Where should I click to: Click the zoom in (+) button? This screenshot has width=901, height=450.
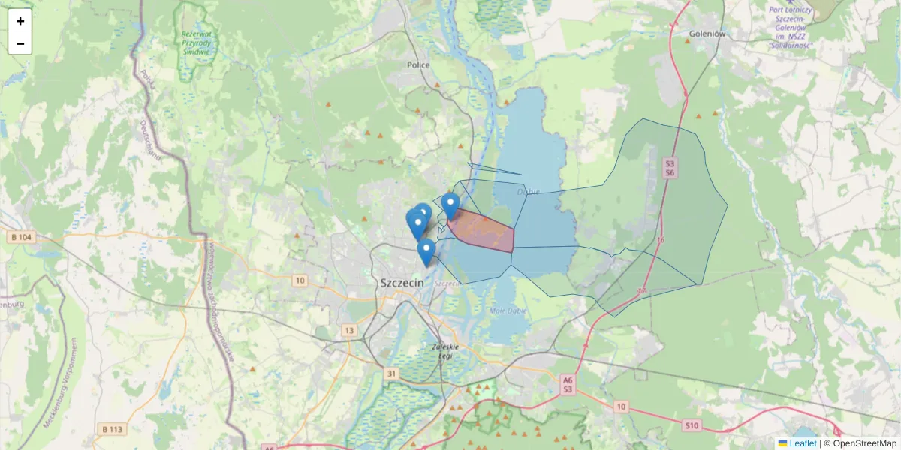click(20, 21)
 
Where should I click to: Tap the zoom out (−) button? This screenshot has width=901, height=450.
click(20, 43)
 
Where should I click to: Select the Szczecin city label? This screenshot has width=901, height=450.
click(402, 283)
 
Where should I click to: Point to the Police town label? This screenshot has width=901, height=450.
click(418, 65)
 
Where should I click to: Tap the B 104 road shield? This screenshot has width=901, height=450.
click(22, 237)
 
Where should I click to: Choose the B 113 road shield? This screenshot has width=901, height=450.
click(110, 429)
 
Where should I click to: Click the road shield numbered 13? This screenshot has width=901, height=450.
click(349, 330)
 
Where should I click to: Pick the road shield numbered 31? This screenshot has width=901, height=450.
click(391, 373)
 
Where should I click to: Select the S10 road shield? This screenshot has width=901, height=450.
click(692, 426)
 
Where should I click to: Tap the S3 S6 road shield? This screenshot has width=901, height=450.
click(670, 168)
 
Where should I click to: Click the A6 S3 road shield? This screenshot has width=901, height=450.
click(568, 385)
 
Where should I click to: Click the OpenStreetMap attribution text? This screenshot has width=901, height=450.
click(864, 443)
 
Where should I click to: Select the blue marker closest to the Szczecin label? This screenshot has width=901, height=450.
click(426, 252)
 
